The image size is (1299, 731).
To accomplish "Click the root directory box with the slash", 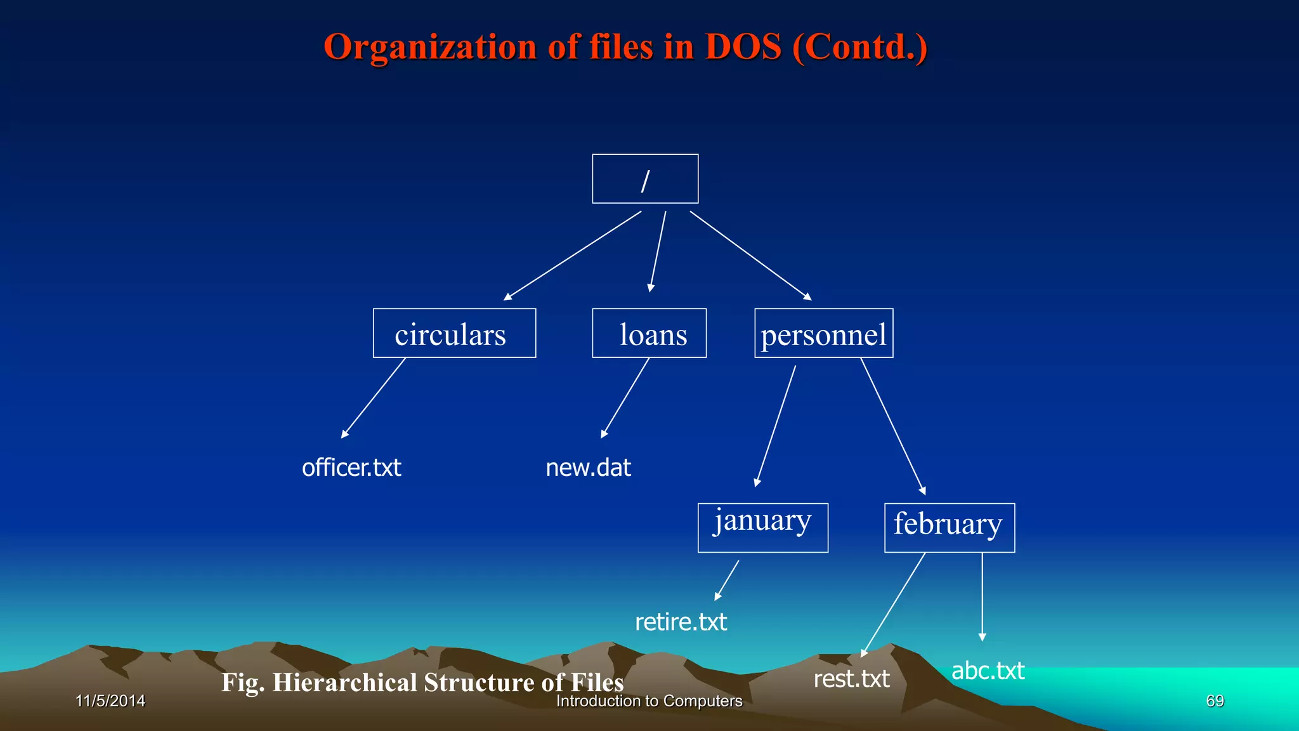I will click(645, 179).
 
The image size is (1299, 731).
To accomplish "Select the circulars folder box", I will click(454, 333).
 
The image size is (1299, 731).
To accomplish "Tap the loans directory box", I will click(649, 333).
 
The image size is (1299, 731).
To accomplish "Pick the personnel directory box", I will click(823, 333).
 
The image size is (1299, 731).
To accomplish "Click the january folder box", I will click(762, 527).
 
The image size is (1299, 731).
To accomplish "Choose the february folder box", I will click(949, 527).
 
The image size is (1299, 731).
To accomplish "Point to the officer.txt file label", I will click(351, 468).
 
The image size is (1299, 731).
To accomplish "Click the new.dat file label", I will click(588, 468).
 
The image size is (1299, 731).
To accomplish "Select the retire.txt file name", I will click(681, 622).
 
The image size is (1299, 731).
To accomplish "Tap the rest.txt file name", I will click(851, 679).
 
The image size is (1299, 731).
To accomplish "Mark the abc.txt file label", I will click(988, 671).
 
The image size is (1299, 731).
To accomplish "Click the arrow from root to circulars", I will click(572, 256).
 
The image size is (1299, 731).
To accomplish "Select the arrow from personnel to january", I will click(775, 426).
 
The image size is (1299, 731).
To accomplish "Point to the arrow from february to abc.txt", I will click(982, 596).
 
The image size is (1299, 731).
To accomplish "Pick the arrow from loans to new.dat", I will click(625, 398).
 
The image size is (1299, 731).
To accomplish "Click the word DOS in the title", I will click(743, 47).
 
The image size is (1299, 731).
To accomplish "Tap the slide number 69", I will click(1215, 701).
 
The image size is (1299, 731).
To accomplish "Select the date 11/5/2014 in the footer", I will click(110, 701).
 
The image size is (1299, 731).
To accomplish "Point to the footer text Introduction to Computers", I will click(649, 701).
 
